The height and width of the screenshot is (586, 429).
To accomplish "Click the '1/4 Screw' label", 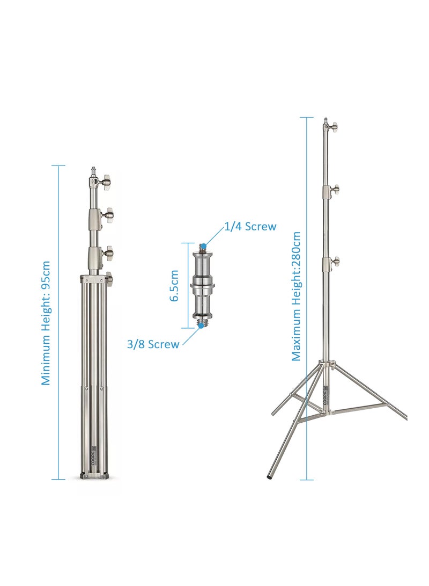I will (249, 227).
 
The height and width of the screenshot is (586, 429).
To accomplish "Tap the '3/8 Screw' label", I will (153, 344).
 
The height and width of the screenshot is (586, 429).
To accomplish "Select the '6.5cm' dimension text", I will (174, 286).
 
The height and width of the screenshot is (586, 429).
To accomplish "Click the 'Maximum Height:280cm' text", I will (296, 296).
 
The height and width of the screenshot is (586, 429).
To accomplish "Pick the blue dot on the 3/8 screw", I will (199, 324).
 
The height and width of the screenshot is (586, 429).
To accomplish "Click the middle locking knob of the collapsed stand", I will (109, 215).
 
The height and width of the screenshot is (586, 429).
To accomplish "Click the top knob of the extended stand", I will (334, 127).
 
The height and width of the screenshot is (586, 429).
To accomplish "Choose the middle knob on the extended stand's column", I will (335, 189).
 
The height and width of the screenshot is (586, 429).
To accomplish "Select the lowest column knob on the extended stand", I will (336, 262).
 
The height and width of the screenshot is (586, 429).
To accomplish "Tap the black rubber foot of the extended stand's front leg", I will (270, 476).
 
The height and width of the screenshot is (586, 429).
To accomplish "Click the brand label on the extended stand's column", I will (326, 397).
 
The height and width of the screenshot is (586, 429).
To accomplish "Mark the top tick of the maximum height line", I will (307, 118).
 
